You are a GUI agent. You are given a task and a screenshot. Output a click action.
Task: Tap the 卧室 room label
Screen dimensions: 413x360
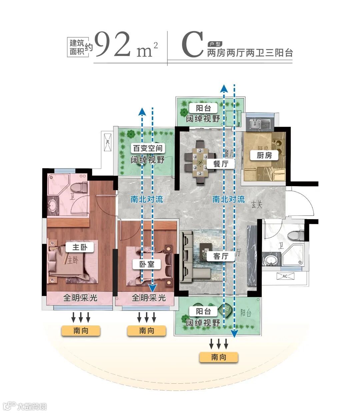(147, 264)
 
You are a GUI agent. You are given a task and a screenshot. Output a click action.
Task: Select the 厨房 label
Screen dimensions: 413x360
(264, 155)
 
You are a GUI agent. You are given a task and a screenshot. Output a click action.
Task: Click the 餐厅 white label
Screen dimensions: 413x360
(220, 164)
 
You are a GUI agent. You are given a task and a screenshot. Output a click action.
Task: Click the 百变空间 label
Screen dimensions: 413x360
(147, 148)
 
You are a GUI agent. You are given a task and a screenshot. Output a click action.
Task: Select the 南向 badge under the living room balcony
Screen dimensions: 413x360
(219, 357)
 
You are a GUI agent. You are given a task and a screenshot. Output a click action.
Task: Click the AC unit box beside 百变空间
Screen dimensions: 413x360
(108, 142)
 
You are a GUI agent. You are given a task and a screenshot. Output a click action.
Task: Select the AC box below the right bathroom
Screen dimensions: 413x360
(285, 276)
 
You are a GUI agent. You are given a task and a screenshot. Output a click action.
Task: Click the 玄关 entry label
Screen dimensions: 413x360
(257, 205)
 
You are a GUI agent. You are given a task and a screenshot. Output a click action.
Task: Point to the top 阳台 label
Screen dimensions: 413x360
(203, 108)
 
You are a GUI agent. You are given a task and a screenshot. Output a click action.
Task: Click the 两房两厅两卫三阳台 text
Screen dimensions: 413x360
(250, 53)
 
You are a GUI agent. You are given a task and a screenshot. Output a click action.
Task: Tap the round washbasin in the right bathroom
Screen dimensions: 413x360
(271, 259)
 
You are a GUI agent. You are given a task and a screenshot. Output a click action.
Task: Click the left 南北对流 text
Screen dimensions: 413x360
(147, 200)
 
